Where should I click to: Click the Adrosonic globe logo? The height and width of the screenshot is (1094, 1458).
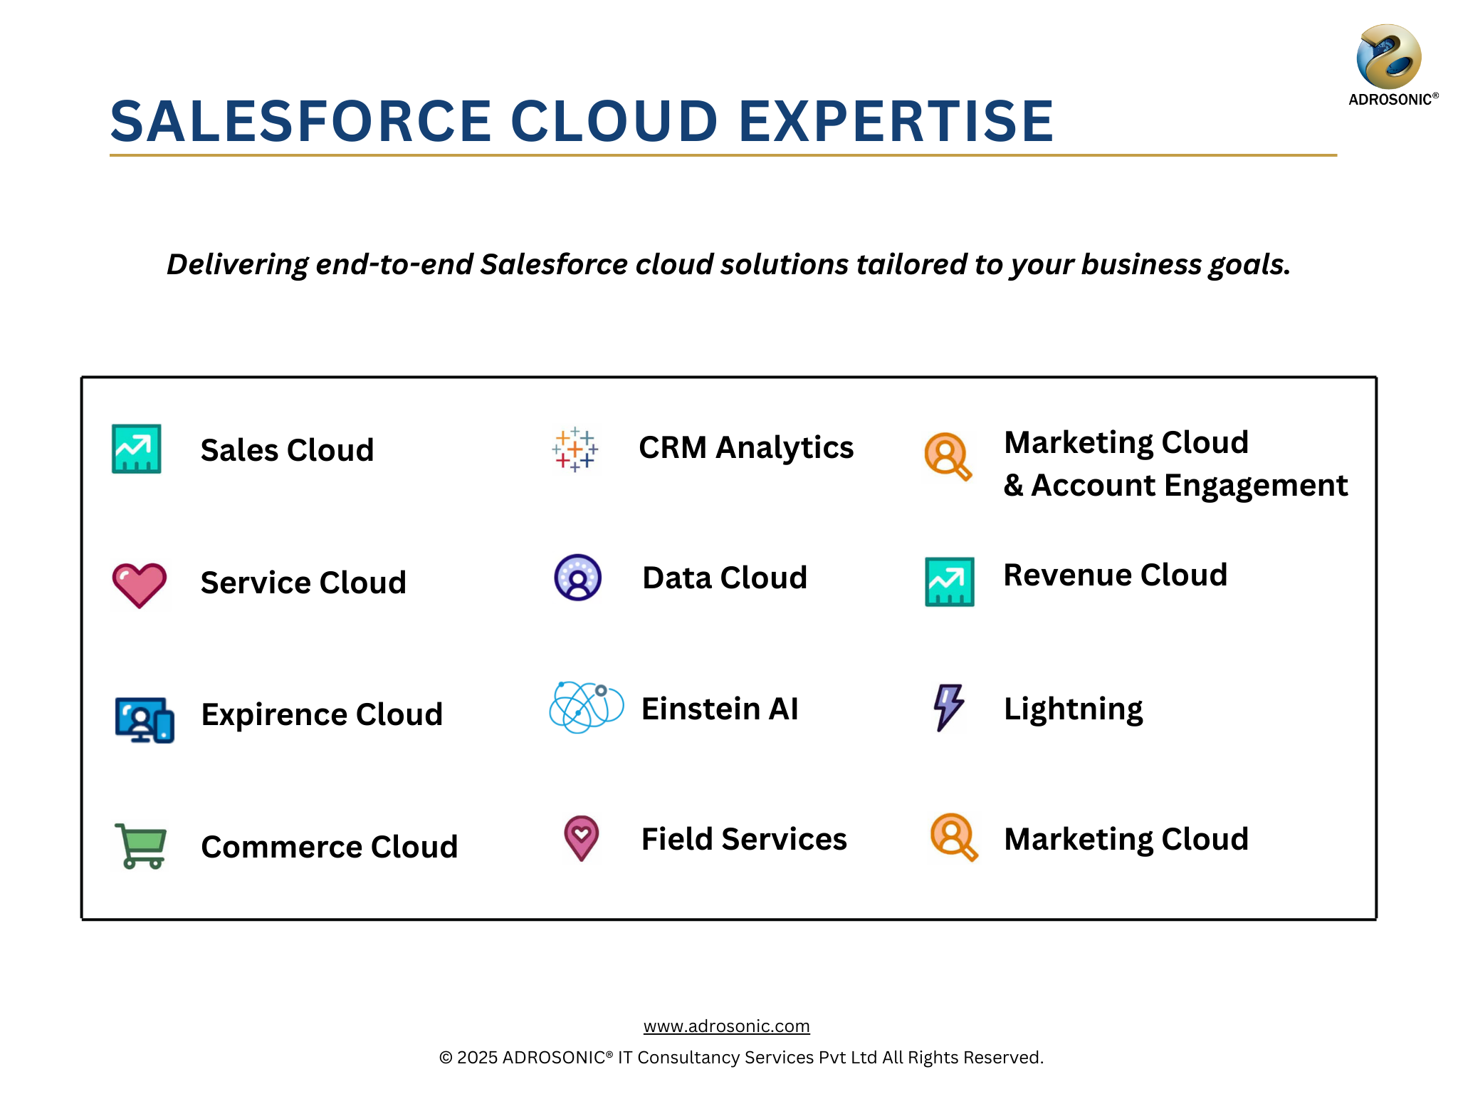coord(1389,56)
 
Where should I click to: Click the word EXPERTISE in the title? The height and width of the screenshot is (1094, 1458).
coord(896,121)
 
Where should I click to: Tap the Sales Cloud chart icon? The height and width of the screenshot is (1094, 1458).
coord(137,449)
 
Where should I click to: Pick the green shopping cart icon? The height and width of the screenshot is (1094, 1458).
coord(141,846)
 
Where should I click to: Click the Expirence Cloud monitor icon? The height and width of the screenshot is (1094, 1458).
coord(145,719)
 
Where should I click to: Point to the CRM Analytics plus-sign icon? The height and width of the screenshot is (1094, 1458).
coord(575,449)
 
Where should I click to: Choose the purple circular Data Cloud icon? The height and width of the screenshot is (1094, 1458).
coord(578,578)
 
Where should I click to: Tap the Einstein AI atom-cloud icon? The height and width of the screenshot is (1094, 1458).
coord(587,707)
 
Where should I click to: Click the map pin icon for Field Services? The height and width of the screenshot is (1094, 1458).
coord(582,838)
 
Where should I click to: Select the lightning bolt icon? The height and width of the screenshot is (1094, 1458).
coord(949,707)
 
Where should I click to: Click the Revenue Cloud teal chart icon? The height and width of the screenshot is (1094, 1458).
coord(950,582)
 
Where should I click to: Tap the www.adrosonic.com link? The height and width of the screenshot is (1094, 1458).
coord(727,1026)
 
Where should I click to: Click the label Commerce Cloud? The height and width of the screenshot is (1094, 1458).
coord(330,847)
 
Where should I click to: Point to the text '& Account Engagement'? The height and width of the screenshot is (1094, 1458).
coord(1175,486)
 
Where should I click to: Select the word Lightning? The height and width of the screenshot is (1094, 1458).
coord(1074,710)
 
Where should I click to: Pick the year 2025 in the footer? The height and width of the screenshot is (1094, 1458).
coord(477,1058)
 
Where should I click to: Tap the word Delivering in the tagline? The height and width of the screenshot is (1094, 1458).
coord(237,265)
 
